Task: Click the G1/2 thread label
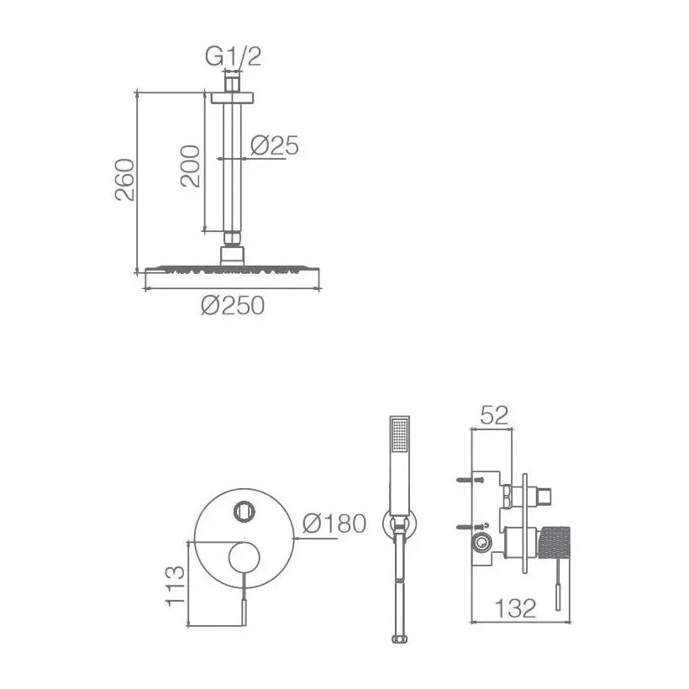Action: (233, 56)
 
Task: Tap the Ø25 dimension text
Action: (275, 145)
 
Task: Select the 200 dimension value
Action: (190, 166)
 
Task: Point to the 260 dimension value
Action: (125, 179)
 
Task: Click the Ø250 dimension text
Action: (233, 305)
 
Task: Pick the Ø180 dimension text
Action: (334, 523)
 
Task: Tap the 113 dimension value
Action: (176, 586)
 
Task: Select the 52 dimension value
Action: (494, 415)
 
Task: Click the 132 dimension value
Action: (515, 608)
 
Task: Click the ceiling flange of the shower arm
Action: (233, 97)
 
